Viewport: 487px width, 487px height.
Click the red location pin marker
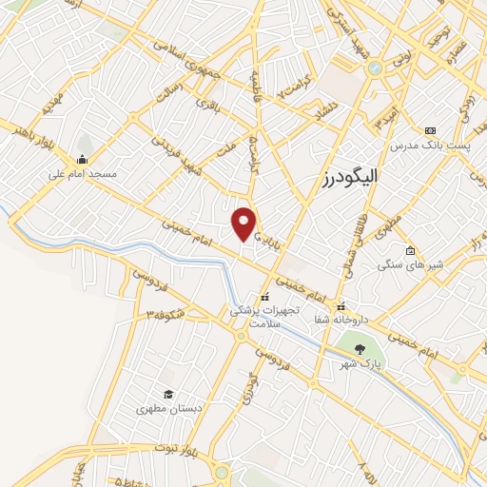click(x=244, y=223)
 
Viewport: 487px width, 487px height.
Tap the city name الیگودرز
click(x=344, y=178)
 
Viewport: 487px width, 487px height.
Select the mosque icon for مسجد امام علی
click(x=83, y=159)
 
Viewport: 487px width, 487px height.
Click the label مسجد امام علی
click(x=83, y=175)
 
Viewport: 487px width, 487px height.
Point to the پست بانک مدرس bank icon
click(x=430, y=129)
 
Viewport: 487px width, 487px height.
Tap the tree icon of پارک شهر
click(x=359, y=349)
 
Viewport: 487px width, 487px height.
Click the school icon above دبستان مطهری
click(x=167, y=394)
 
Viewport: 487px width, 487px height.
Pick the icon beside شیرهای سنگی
click(x=410, y=251)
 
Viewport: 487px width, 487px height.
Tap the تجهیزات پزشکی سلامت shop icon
click(x=264, y=298)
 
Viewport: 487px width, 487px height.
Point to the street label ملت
click(x=225, y=150)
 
